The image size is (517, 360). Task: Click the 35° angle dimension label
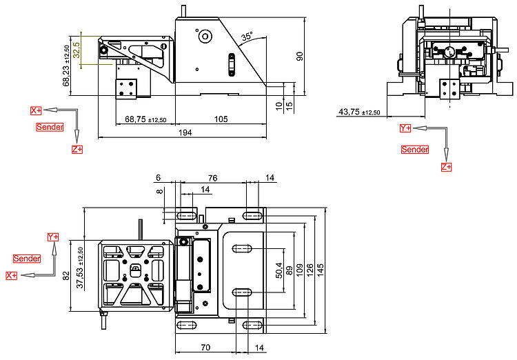click(x=247, y=37)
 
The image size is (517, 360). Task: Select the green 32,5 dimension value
click(x=76, y=50)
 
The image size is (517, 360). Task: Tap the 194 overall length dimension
click(x=185, y=132)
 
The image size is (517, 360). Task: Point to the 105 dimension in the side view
click(x=221, y=119)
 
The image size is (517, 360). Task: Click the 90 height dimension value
click(x=300, y=56)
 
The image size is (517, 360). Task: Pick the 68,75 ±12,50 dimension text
click(x=145, y=119)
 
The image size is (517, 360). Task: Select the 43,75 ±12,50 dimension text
click(x=359, y=112)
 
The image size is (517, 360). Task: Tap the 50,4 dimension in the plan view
click(x=279, y=270)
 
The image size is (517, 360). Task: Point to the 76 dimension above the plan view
click(x=213, y=178)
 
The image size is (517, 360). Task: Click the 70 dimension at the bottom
click(x=205, y=348)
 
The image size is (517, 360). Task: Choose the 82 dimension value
click(x=66, y=276)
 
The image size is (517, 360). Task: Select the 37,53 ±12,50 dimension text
click(x=80, y=268)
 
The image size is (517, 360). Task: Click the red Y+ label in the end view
click(x=405, y=128)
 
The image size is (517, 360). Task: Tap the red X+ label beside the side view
click(x=36, y=110)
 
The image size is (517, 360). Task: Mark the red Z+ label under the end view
click(x=446, y=167)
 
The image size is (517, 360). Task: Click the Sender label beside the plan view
click(x=27, y=259)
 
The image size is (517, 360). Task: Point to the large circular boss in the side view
click(x=205, y=37)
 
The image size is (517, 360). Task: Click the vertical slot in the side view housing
click(x=232, y=65)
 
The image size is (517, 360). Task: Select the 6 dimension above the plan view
click(x=159, y=178)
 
